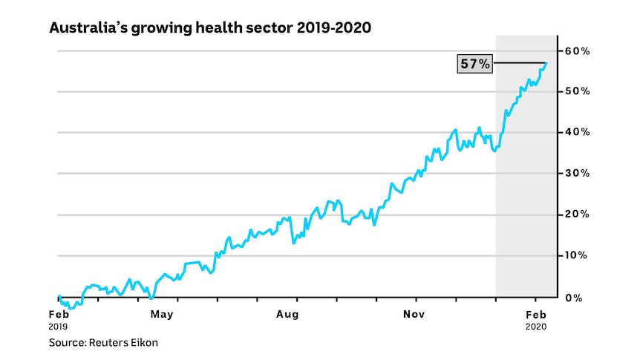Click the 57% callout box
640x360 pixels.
[474, 64]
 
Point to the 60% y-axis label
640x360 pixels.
[577, 51]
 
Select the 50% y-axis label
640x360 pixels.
[577, 91]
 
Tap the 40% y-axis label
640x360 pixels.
[577, 132]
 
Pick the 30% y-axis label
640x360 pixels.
[577, 173]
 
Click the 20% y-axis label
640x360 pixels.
[577, 215]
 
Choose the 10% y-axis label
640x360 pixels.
[576, 255]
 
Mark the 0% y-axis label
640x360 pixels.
[574, 298]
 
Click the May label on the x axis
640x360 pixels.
[162, 315]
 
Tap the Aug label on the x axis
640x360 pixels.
[287, 315]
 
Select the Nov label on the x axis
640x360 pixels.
[414, 314]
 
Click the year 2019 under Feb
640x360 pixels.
[58, 327]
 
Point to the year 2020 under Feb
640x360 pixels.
[536, 327]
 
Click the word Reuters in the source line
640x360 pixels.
[106, 342]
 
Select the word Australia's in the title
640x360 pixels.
[88, 28]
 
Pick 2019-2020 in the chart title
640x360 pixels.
[334, 27]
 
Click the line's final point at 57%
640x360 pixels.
[546, 63]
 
